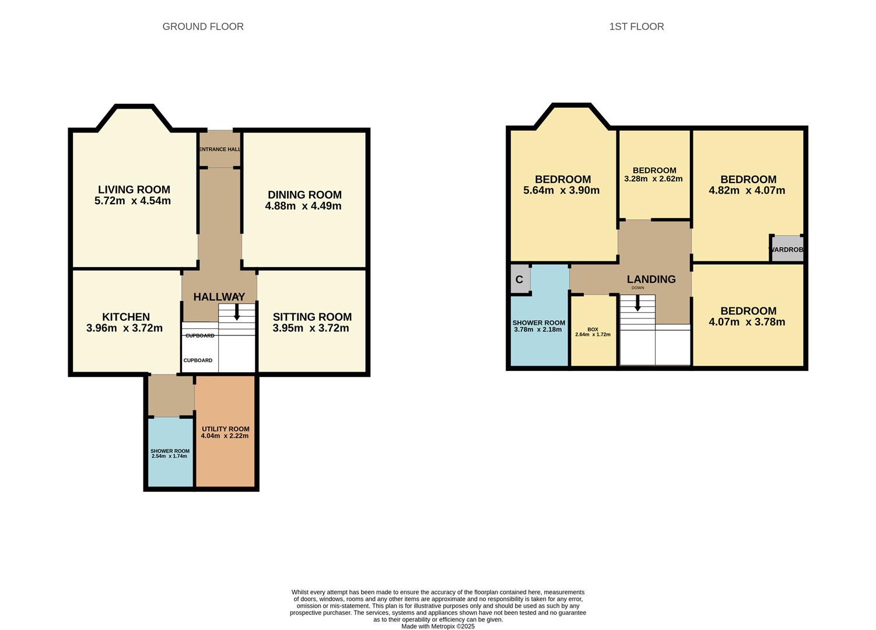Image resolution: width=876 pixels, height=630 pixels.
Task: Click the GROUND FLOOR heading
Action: (x=203, y=27)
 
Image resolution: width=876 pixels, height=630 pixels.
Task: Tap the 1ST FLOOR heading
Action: (x=636, y=27)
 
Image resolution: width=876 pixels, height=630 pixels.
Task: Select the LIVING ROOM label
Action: (x=134, y=190)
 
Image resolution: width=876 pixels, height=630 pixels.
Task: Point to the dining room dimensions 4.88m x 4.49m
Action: (x=303, y=206)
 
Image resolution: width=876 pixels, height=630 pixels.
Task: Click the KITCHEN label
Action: (x=126, y=317)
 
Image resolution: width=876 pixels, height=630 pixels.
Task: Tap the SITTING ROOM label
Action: (x=312, y=317)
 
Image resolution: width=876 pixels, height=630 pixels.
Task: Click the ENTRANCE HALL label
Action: (x=220, y=149)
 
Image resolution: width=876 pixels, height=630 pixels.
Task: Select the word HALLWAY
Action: (x=219, y=297)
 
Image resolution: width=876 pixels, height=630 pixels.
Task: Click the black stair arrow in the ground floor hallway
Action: (x=237, y=311)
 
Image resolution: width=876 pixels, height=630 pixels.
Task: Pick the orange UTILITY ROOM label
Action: (x=226, y=429)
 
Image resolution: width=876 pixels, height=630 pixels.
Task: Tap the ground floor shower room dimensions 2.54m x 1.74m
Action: (x=169, y=456)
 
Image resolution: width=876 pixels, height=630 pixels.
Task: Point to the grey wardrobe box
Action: (x=787, y=249)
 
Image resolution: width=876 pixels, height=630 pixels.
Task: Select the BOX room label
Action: (x=593, y=329)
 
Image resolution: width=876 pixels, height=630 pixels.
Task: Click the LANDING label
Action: (x=651, y=279)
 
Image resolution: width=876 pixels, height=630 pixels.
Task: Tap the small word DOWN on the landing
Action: (x=637, y=288)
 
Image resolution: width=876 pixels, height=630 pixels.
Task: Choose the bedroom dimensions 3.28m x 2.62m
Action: (x=653, y=178)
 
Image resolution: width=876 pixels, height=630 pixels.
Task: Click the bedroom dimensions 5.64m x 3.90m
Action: (x=561, y=190)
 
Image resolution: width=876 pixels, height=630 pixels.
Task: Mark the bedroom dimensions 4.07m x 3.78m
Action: (x=747, y=322)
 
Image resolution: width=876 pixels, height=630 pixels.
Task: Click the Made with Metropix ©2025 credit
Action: (x=438, y=626)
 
